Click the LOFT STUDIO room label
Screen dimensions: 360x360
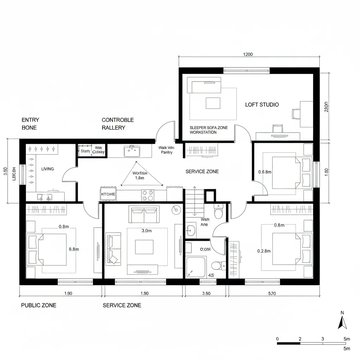click(262, 105)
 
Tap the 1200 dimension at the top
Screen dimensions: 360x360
click(248, 54)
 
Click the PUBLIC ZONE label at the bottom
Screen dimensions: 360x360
click(39, 305)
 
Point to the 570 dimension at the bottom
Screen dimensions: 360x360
click(272, 294)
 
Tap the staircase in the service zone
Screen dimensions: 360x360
click(193, 202)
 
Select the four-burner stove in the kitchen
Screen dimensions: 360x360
click(148, 195)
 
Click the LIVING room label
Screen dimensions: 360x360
click(47, 169)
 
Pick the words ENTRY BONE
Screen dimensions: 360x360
click(31, 124)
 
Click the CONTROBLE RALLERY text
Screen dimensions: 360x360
click(117, 124)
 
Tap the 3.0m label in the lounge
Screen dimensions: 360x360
click(146, 231)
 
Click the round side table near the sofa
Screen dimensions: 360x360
click(176, 210)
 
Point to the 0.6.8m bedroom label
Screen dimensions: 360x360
click(265, 172)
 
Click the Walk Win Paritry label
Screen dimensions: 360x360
click(166, 150)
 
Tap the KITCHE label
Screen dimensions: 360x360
click(108, 194)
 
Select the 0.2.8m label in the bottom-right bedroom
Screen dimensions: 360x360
click(264, 251)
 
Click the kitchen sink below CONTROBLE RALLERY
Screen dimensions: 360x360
click(131, 151)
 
